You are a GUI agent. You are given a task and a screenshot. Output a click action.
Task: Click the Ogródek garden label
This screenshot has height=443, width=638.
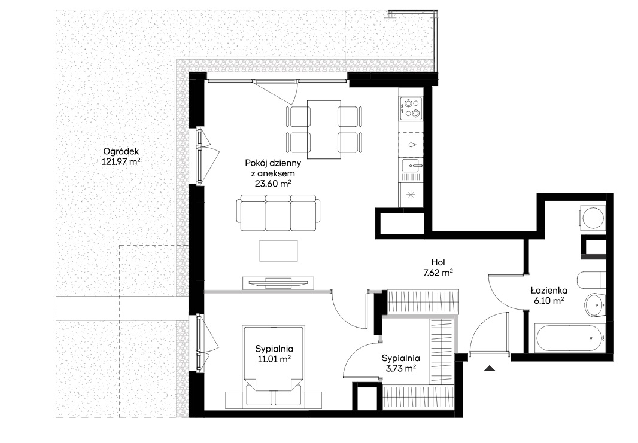click(120, 151)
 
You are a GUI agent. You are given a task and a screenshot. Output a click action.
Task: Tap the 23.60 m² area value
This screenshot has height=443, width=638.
click(272, 184)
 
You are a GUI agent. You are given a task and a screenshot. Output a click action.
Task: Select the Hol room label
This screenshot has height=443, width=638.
click(438, 262)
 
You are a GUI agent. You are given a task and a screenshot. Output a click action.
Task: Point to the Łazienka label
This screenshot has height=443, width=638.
click(549, 290)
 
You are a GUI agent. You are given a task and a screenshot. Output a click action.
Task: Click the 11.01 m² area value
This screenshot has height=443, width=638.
click(274, 359)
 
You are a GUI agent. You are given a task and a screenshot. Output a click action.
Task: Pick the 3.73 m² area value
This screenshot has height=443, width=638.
click(400, 369)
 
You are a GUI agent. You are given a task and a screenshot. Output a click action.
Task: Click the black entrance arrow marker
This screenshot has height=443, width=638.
click(490, 368)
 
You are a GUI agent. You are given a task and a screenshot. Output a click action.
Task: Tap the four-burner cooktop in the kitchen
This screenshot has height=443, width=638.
click(411, 109)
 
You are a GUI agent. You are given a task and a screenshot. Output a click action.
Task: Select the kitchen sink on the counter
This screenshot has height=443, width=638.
click(411, 166)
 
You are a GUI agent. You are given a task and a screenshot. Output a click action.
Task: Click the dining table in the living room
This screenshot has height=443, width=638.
click(324, 130)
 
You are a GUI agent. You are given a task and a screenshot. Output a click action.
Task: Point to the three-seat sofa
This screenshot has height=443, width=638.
click(278, 213)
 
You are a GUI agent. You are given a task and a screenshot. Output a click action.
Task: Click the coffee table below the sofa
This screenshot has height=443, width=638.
click(279, 250)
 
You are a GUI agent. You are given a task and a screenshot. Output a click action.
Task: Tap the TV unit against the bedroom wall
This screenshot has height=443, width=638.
click(278, 283)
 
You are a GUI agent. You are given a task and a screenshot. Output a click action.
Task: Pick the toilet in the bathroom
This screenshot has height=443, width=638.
click(591, 280)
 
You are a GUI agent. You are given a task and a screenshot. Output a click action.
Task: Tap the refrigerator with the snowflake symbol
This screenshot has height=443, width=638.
click(411, 195)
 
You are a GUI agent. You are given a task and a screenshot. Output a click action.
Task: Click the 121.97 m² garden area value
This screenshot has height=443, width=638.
click(121, 162)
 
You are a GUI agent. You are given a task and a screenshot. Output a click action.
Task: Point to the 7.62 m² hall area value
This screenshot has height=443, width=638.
click(438, 273)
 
